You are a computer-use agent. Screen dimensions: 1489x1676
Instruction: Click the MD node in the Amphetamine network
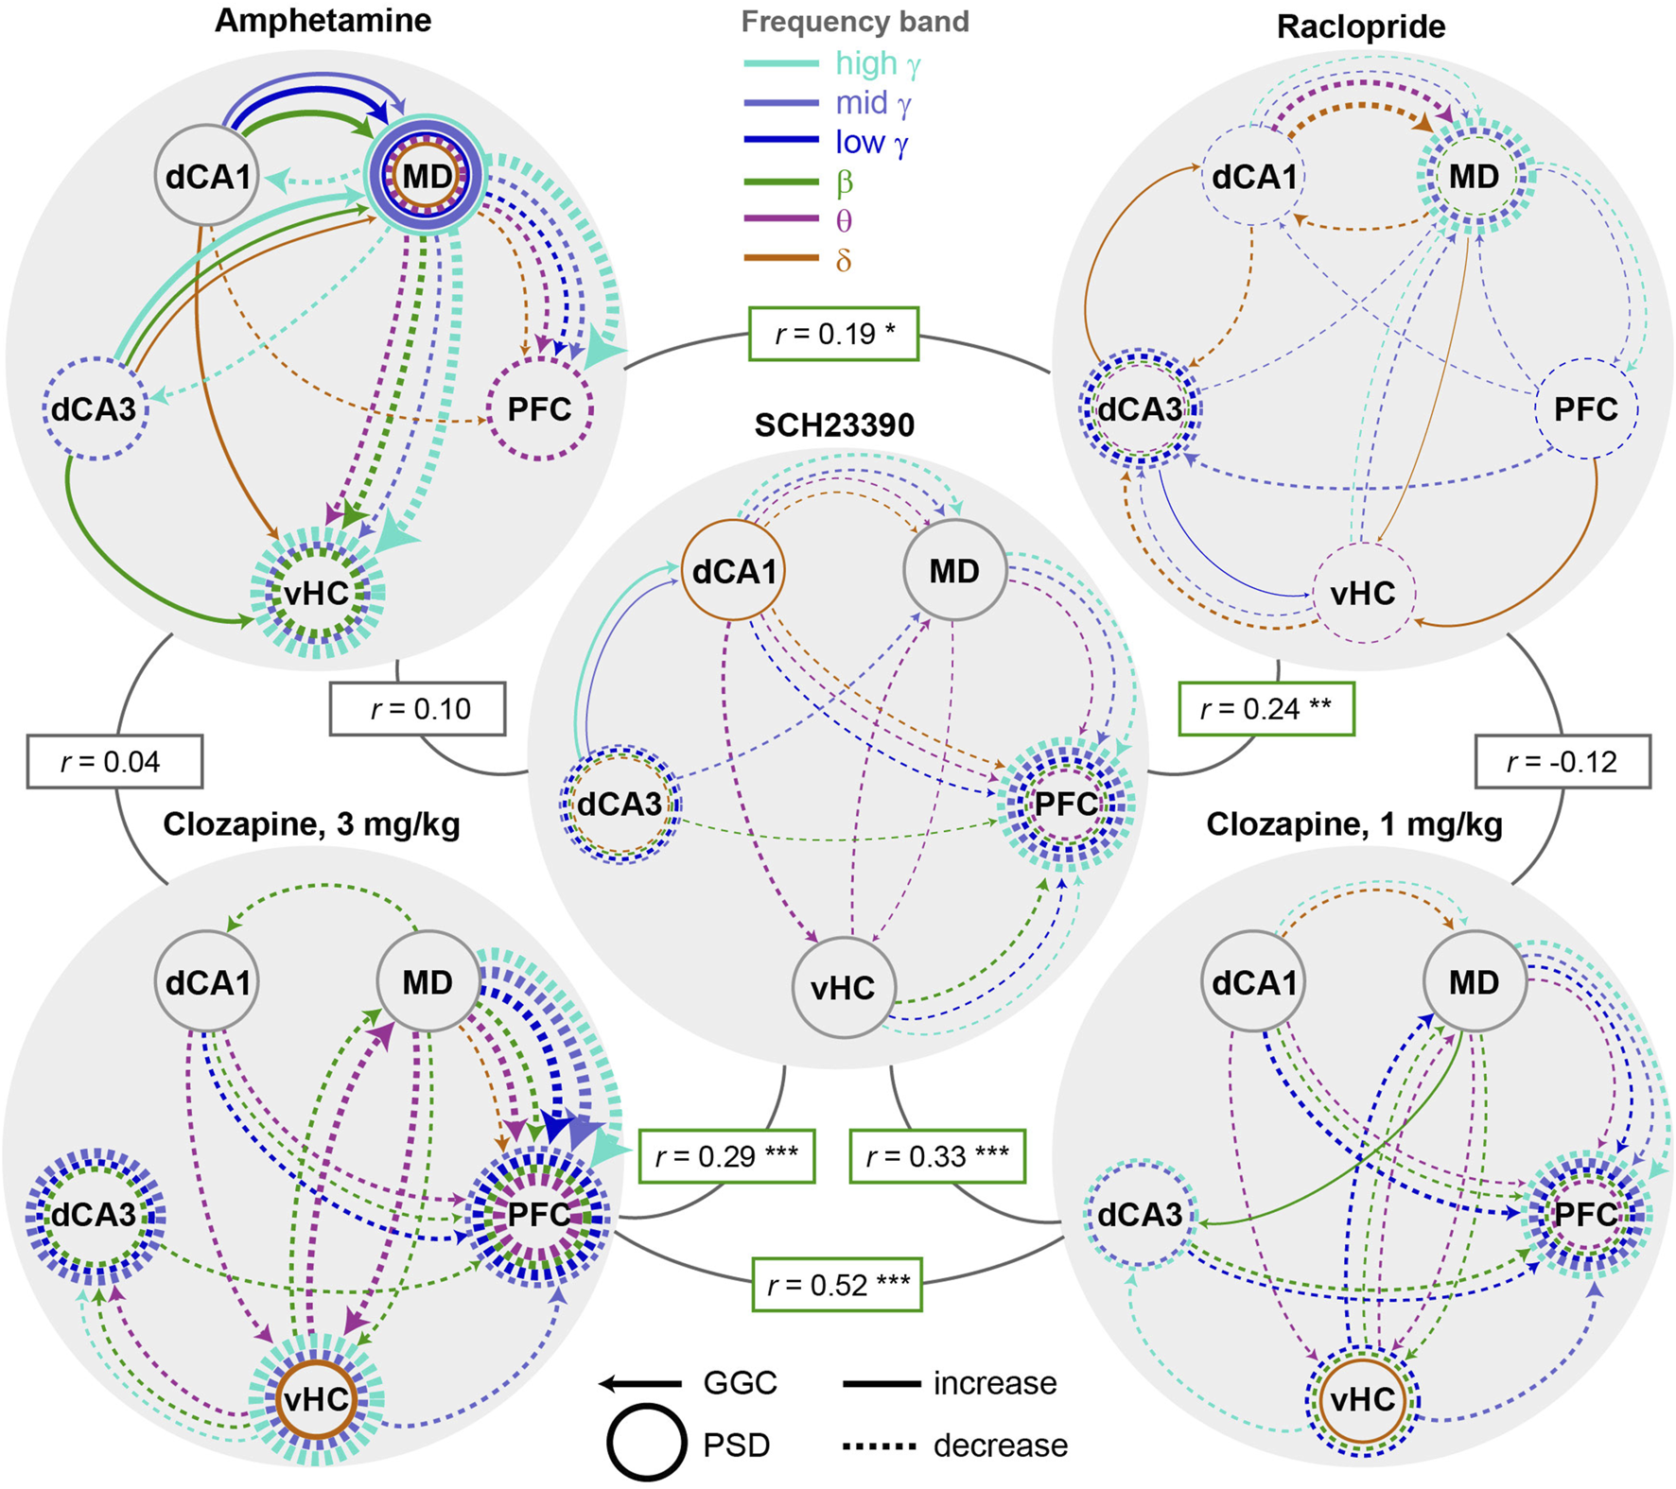[428, 177]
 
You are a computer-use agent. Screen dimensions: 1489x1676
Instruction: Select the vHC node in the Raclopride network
[1362, 594]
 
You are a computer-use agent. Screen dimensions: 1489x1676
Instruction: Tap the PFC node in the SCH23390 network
[1066, 805]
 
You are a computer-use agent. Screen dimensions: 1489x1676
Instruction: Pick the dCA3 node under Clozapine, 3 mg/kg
[94, 1215]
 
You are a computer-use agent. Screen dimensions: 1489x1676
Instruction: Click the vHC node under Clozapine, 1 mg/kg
[1362, 1400]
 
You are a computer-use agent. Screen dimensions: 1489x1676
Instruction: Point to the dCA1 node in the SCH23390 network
[734, 571]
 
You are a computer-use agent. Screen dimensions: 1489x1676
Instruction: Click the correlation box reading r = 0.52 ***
[837, 1285]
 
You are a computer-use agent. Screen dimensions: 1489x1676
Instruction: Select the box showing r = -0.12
[1563, 762]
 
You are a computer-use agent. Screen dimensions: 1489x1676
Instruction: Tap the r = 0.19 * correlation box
[833, 334]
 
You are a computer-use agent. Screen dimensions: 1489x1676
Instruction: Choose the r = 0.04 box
[114, 762]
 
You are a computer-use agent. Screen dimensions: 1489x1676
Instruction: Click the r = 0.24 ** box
[1266, 709]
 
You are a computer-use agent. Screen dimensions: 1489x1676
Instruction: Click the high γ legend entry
[878, 63]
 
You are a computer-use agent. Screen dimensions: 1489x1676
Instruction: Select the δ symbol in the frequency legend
[844, 260]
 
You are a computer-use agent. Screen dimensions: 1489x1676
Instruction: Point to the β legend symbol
[844, 182]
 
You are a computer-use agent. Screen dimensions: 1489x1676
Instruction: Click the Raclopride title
[1360, 26]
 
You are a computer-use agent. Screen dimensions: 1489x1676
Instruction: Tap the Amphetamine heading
[323, 21]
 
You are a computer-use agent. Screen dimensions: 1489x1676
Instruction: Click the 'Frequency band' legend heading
[855, 22]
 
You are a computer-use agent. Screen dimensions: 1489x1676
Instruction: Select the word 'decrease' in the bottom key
[1000, 1446]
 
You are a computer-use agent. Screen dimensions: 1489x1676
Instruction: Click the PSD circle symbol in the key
[647, 1443]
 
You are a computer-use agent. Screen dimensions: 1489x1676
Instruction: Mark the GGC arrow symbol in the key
[640, 1384]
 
